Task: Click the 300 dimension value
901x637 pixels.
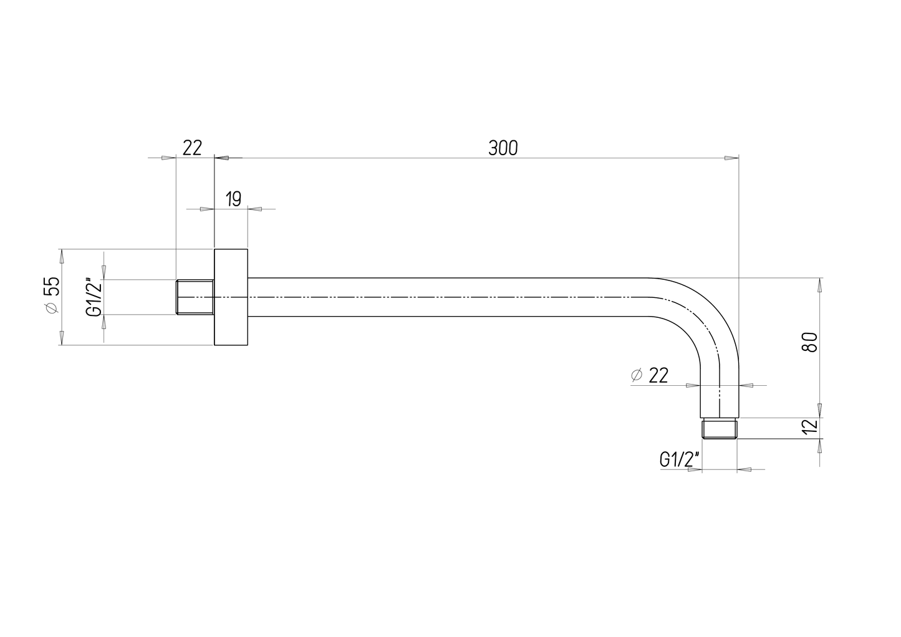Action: [503, 148]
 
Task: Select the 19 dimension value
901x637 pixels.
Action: [233, 199]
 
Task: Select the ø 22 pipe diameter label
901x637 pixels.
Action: [649, 375]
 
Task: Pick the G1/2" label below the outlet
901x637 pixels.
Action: [680, 460]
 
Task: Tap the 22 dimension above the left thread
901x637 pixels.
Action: [193, 148]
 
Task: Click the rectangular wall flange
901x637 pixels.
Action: [231, 297]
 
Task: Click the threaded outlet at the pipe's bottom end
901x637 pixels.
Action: [720, 429]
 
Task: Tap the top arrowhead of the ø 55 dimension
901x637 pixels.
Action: [61, 256]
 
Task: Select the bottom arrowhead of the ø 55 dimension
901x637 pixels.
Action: [61, 337]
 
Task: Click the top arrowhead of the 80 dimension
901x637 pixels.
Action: [819, 285]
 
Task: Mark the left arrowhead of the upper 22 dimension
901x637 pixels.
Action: [168, 158]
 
